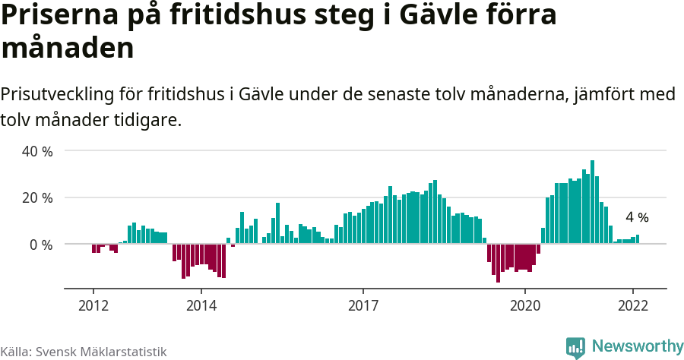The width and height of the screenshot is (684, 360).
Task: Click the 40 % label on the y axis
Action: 37,151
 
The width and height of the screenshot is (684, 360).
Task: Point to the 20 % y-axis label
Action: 37,198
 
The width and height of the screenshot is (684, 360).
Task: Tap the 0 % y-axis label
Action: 41,245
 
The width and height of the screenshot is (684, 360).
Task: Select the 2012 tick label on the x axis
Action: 93,305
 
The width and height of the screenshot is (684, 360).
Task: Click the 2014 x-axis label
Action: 201,305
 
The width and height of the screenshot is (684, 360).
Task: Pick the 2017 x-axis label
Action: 363,305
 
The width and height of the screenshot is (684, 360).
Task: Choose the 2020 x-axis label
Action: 525,305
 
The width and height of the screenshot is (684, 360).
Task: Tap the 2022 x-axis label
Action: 633,305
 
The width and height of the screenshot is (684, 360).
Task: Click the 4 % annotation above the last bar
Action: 637,217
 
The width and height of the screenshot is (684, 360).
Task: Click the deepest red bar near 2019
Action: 499,263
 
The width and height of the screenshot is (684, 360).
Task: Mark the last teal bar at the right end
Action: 638,239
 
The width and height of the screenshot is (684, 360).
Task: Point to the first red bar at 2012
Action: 93,248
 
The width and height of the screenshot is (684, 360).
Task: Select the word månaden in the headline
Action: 68,48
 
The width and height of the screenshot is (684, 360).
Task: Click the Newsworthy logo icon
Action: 575,347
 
